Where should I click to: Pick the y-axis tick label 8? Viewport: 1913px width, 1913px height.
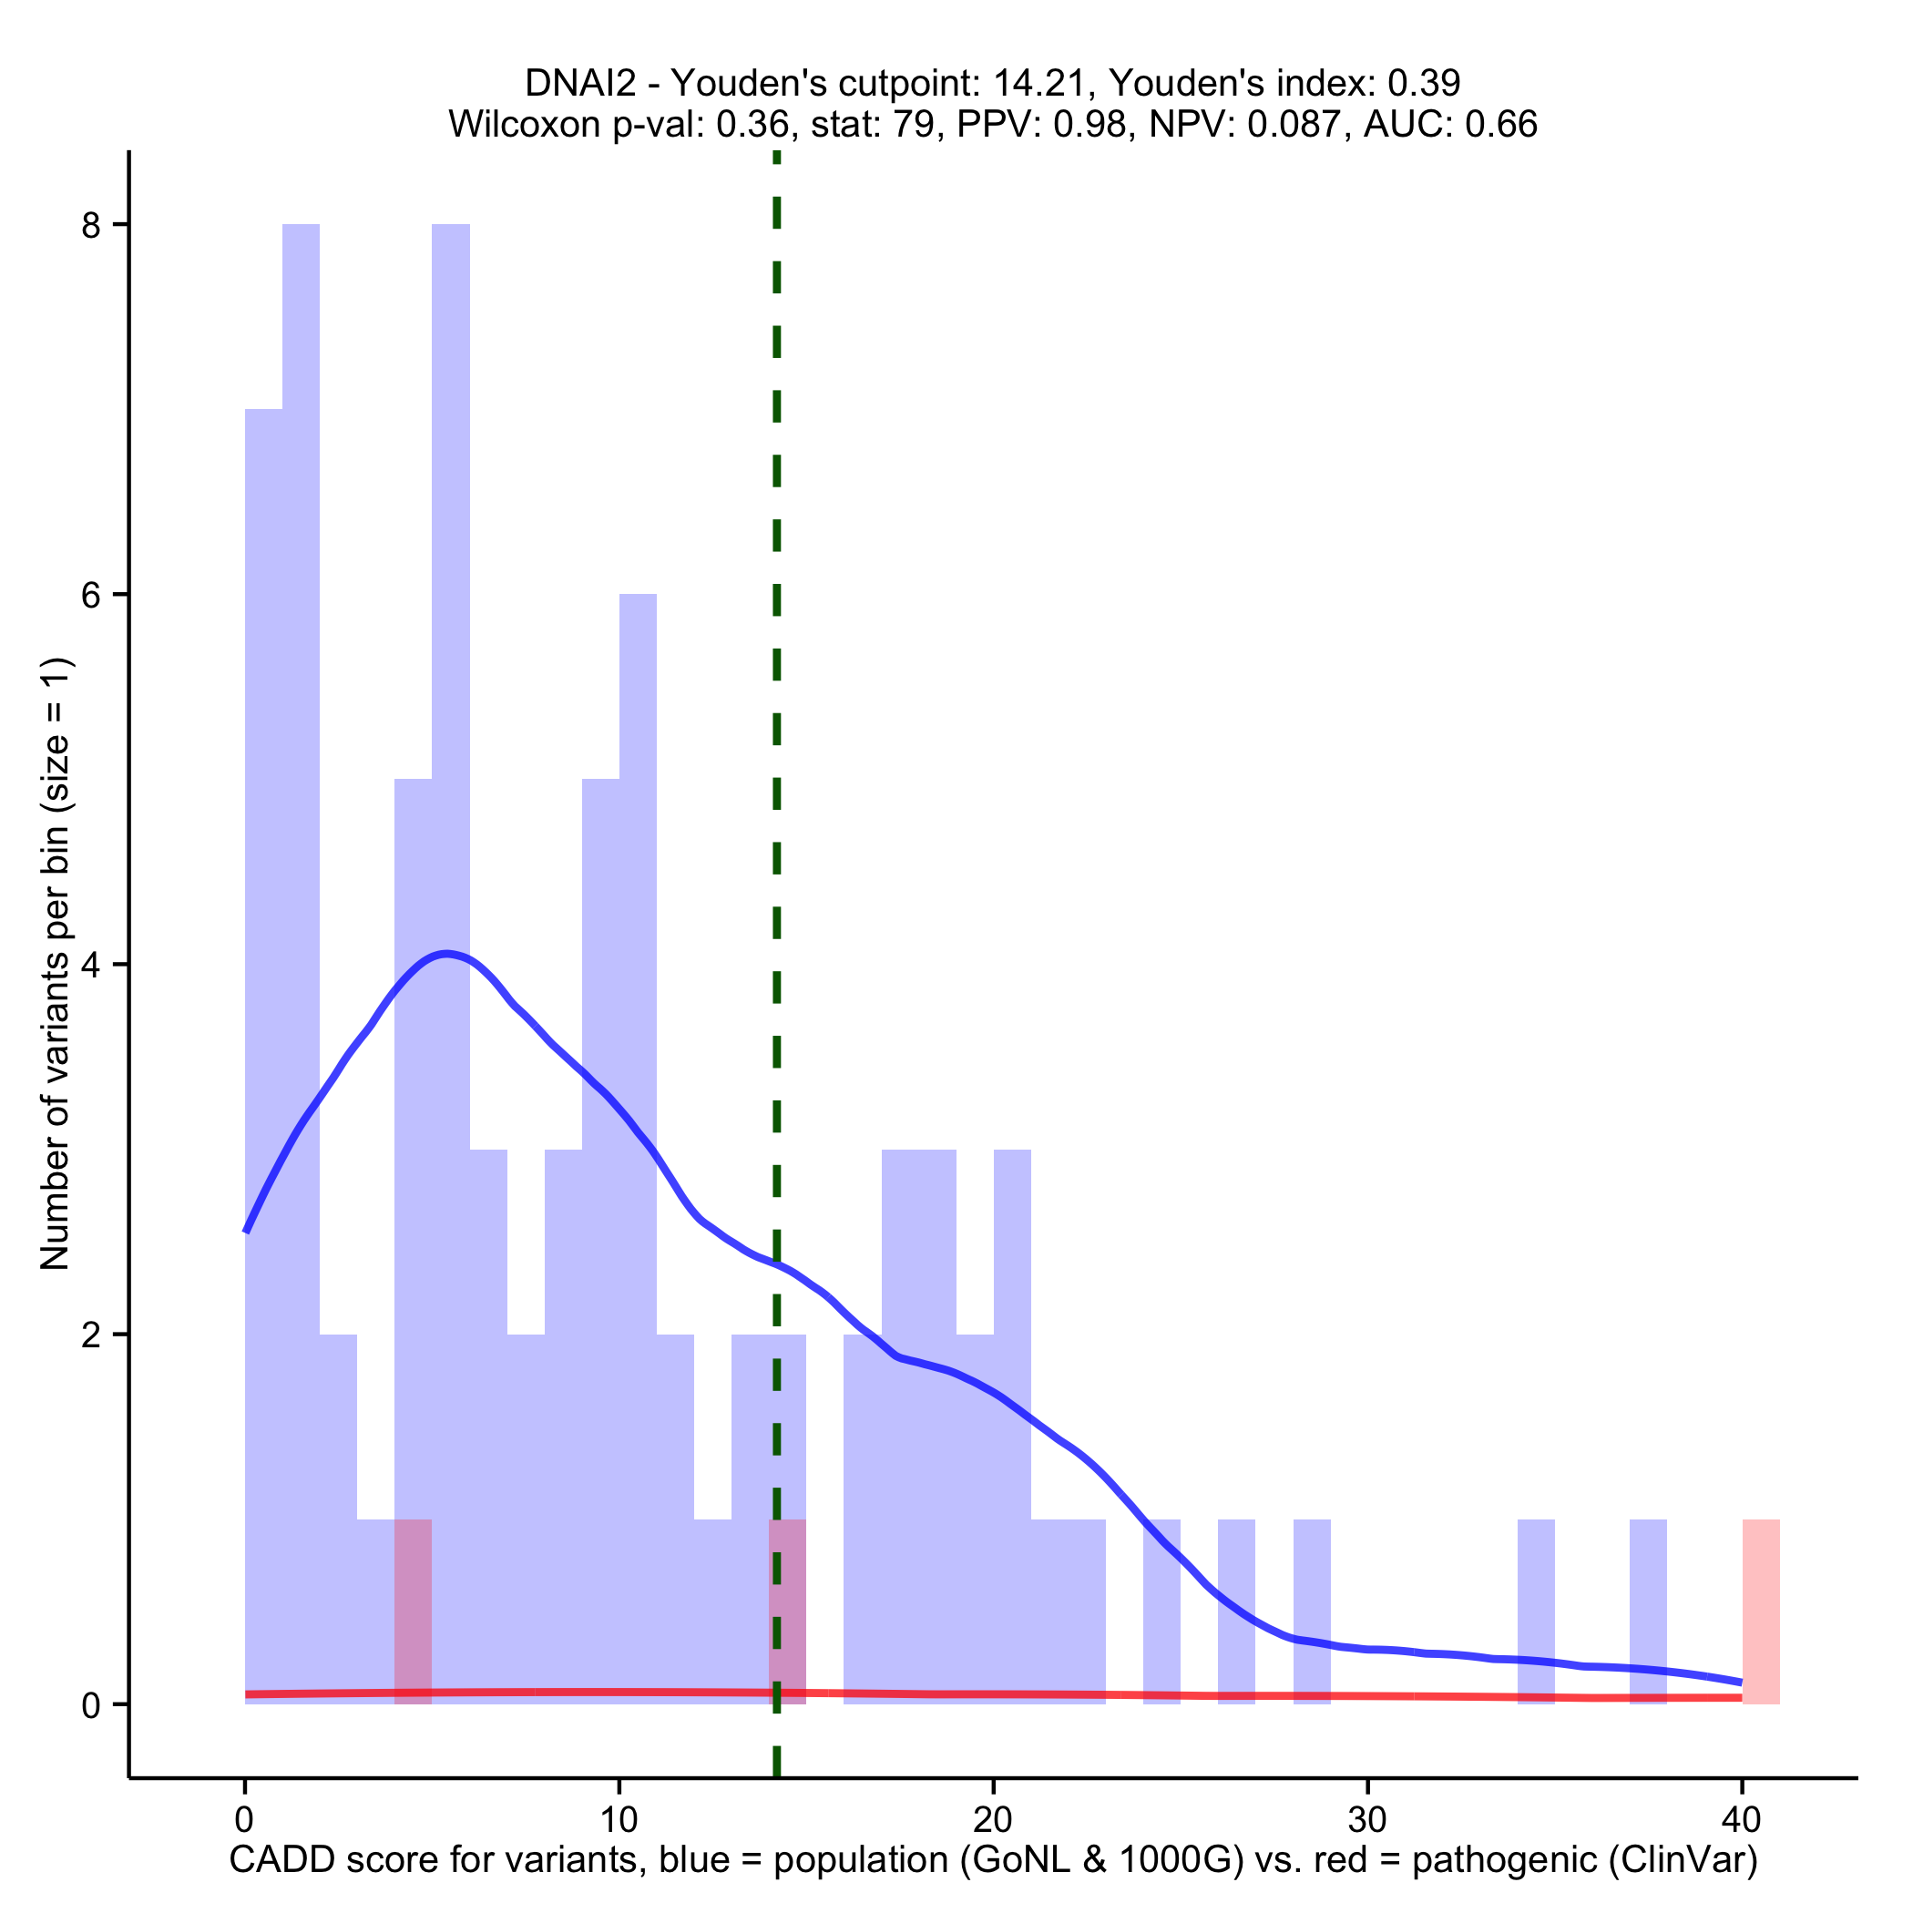click(x=91, y=226)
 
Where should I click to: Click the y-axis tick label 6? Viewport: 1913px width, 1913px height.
click(x=91, y=595)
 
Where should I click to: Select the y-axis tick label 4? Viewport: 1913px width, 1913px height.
click(x=91, y=966)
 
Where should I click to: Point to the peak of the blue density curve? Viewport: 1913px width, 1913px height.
click(x=447, y=954)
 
